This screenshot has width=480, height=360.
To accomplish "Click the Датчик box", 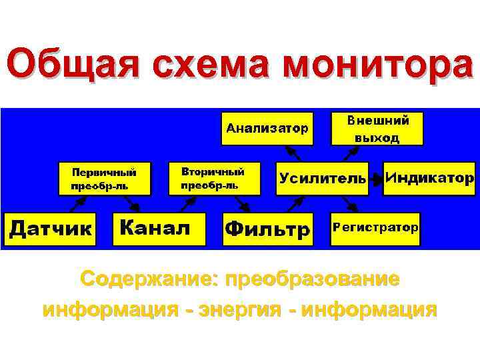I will (51, 228).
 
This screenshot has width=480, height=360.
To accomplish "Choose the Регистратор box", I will (376, 228).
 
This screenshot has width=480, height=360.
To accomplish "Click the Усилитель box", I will (322, 178).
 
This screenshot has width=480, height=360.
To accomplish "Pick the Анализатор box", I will (267, 127).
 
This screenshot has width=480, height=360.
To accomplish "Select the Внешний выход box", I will (377, 128).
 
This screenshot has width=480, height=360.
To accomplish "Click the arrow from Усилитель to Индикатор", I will (376, 178).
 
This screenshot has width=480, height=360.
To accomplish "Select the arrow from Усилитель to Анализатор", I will (296, 153).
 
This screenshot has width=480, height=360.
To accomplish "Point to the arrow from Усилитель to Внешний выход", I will (348, 153).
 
